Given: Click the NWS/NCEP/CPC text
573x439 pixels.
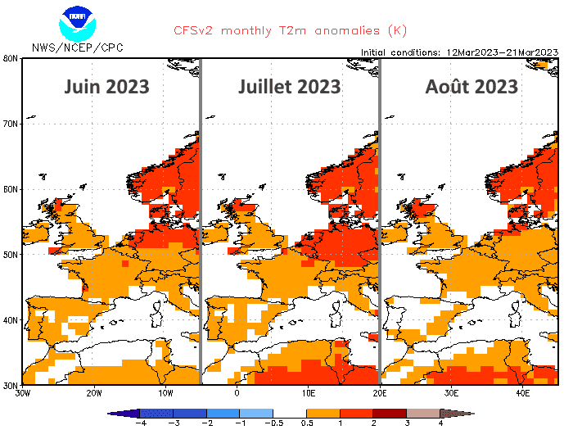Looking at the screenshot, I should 78,48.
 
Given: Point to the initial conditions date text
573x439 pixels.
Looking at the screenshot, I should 459,52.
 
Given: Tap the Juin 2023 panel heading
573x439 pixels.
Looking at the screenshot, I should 106,86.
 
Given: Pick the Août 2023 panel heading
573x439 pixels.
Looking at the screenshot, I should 471,86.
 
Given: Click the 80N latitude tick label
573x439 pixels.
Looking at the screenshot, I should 11,58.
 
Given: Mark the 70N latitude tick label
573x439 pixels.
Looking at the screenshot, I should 11,124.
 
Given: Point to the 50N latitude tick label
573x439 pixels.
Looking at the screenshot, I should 11,254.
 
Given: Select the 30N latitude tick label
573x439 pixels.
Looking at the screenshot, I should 11,384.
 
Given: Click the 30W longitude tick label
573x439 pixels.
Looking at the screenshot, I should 23,392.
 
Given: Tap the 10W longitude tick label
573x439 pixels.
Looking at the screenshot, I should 165,392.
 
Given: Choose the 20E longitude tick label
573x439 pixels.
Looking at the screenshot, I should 380,392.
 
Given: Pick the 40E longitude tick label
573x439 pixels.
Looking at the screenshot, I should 523,392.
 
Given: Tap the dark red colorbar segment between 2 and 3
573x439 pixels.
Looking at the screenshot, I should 390,414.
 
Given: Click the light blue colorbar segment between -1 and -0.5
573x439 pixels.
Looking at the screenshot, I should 256,414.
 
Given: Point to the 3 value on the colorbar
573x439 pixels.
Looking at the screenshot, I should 407,423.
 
